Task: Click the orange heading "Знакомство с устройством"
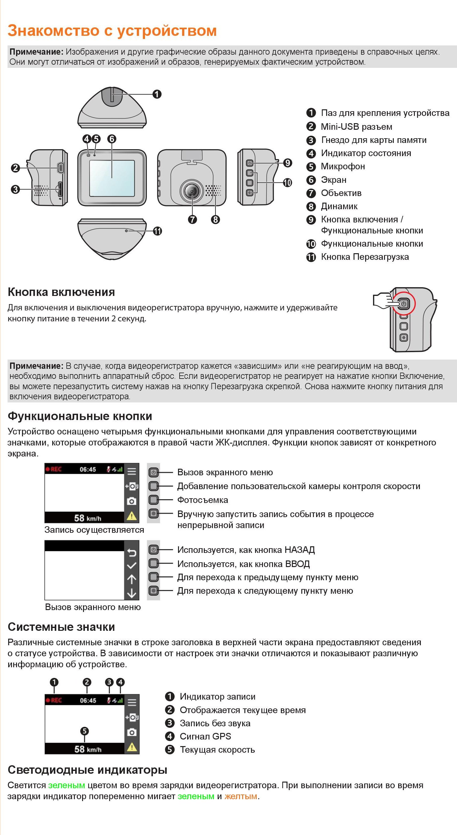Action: [x=112, y=31]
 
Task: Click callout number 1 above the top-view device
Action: [x=157, y=94]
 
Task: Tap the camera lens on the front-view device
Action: [x=192, y=192]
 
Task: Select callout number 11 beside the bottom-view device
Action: [x=158, y=231]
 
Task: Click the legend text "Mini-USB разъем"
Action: [x=356, y=127]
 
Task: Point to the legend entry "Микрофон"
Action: [x=343, y=166]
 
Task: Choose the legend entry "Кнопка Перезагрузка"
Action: [x=365, y=257]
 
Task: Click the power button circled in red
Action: [x=403, y=304]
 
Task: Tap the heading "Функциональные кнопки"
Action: [x=80, y=416]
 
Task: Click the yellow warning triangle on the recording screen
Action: [x=131, y=516]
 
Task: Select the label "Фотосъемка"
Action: [x=203, y=500]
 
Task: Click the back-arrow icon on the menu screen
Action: [x=131, y=552]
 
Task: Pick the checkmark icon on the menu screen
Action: [x=131, y=566]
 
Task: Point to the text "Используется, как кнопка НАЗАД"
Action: [x=246, y=550]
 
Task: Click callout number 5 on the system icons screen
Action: [x=84, y=731]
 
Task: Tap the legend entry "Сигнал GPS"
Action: [x=205, y=736]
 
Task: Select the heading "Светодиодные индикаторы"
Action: [x=87, y=770]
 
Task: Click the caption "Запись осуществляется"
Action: [x=94, y=530]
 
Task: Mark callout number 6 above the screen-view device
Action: [x=112, y=139]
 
